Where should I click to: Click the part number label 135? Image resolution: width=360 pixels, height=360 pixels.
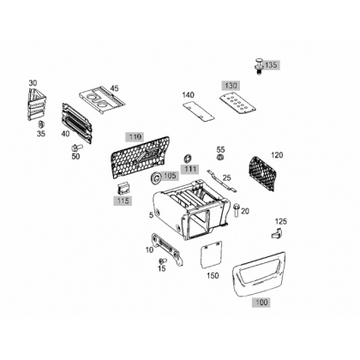point(270,65)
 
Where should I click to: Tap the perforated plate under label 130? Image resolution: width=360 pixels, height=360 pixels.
point(237,103)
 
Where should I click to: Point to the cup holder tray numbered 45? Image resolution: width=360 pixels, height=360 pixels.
point(101,100)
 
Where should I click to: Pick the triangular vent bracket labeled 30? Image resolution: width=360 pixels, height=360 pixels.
point(37,105)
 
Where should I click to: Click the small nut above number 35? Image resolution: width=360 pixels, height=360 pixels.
point(41,124)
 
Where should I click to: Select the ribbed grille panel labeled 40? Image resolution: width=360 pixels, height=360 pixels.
point(76,123)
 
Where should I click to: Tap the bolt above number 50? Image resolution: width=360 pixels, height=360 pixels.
point(75,148)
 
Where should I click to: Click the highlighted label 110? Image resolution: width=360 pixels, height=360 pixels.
point(135,137)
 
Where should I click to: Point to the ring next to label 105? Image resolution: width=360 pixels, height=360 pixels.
point(156,178)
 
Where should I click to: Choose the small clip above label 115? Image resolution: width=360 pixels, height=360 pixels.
point(123,188)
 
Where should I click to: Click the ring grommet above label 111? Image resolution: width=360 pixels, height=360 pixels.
point(188,159)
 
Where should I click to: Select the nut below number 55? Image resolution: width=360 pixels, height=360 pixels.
point(220,157)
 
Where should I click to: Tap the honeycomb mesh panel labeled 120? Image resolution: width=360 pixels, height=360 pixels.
point(262,173)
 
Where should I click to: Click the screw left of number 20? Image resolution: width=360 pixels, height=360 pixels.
point(237,210)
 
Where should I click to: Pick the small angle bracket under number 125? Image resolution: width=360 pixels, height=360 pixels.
point(277,233)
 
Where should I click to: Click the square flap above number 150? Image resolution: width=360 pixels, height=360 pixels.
point(212,255)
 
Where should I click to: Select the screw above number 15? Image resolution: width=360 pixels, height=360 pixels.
point(163,261)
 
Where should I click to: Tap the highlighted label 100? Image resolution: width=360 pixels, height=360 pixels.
point(261,302)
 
